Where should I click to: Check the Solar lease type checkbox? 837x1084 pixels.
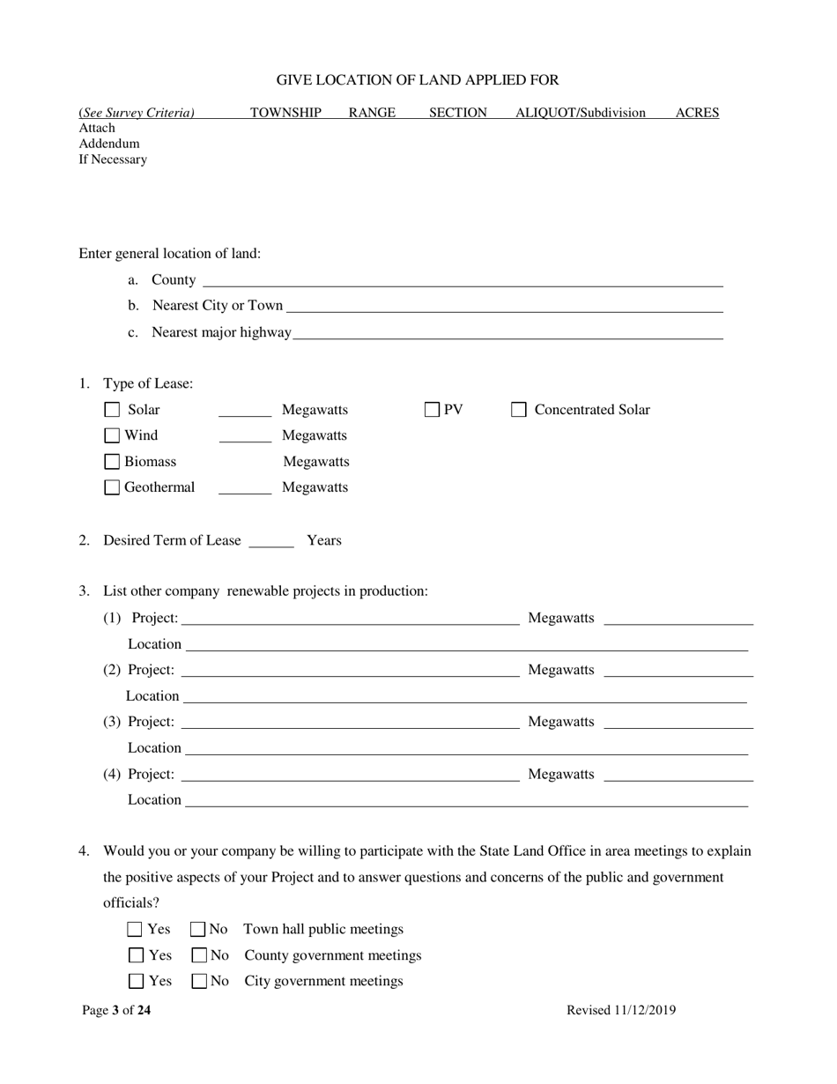click(x=112, y=410)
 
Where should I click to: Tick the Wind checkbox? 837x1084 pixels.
click(x=112, y=435)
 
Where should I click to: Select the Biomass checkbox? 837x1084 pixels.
click(x=112, y=462)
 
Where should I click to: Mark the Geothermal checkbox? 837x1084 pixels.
click(x=112, y=487)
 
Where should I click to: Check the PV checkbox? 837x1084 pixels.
click(x=433, y=410)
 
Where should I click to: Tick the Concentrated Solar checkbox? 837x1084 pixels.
click(x=519, y=410)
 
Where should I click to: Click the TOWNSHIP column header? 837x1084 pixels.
click(x=285, y=113)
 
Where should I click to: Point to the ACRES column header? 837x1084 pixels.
click(x=697, y=113)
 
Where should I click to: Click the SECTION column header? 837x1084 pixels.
click(x=458, y=113)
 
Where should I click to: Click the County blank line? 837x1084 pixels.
click(x=463, y=282)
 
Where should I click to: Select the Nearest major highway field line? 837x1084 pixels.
click(x=507, y=334)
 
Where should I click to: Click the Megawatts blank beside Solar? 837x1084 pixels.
click(x=245, y=412)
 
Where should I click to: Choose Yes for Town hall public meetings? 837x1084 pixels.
click(x=135, y=929)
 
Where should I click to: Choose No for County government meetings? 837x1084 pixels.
click(x=198, y=955)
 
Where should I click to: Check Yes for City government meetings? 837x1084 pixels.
click(x=136, y=981)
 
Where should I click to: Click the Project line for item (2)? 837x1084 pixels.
click(x=350, y=672)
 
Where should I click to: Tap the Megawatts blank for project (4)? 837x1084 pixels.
click(x=678, y=776)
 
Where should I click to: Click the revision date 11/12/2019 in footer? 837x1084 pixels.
click(x=645, y=1011)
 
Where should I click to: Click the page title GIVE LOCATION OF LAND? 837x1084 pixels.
click(x=418, y=80)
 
